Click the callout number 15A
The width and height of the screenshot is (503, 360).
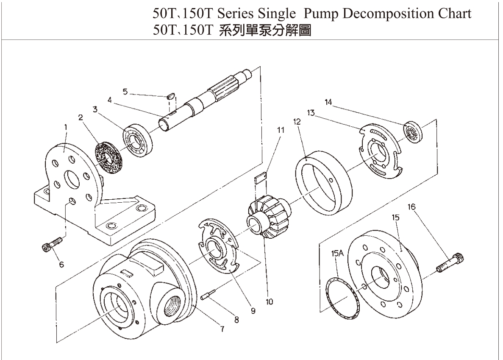337,254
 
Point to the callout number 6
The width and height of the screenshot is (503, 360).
61,265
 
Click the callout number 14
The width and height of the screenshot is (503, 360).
329,102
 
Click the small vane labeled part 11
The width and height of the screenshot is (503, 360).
260,177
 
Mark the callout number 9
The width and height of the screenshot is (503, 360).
253,311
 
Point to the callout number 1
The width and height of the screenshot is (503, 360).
66,126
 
